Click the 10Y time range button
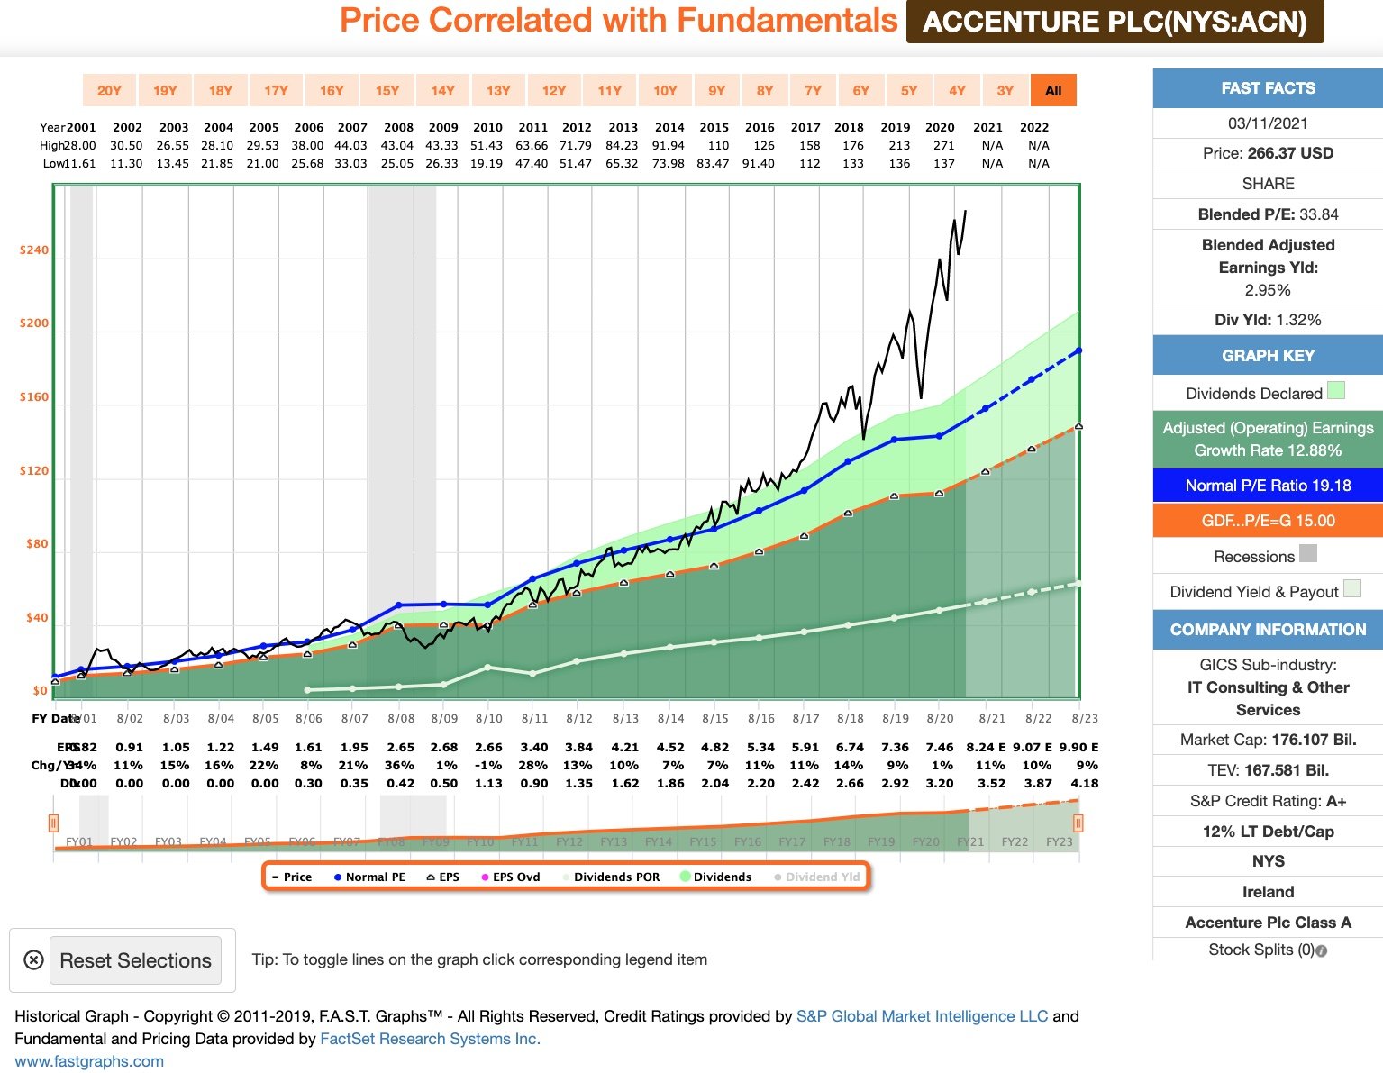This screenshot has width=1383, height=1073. coord(665,90)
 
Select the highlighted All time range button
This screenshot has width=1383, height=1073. coord(1053,90)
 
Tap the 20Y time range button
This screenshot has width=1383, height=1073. coord(109,90)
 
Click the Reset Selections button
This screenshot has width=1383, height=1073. coord(135,960)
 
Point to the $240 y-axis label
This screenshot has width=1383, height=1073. coord(34,250)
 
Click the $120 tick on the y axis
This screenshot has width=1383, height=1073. coord(34,470)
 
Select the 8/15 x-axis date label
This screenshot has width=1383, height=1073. coord(715,718)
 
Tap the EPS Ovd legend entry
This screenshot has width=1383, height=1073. coord(515,877)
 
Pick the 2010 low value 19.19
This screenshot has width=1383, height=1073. coord(487,163)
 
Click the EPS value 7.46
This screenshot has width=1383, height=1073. coord(940,747)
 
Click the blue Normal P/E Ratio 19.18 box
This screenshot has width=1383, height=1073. coord(1268,486)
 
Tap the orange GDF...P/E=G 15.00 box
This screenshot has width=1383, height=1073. coord(1268,521)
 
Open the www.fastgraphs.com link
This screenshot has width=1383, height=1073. coord(89,1061)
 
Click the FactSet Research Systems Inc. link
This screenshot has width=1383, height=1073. coord(430,1039)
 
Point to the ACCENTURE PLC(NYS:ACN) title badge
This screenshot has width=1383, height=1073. coord(1115,22)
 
